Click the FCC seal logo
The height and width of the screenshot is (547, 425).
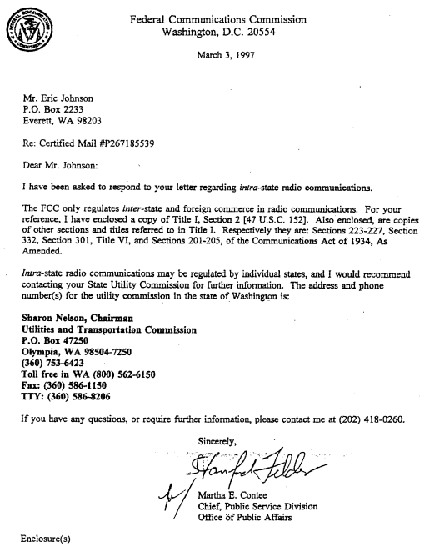(25, 26)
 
